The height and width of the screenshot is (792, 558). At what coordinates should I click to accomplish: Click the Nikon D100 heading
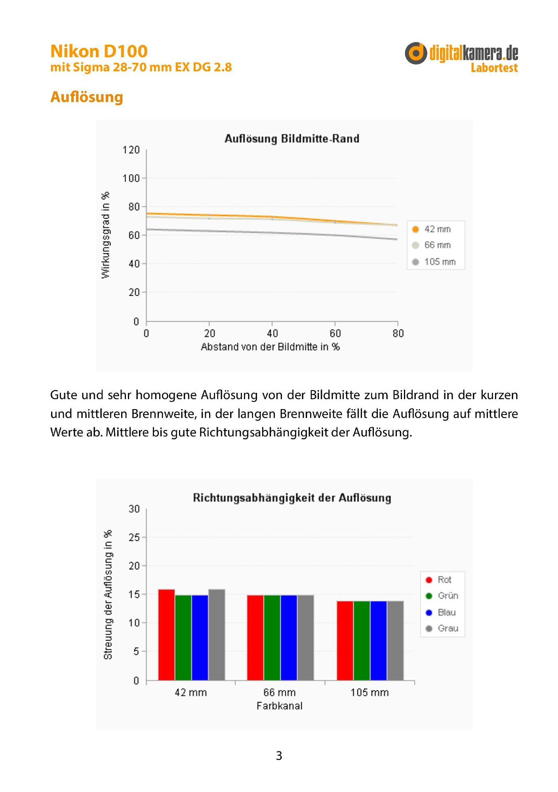coord(99,51)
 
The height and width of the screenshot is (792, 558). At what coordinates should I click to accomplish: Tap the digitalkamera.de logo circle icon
coord(416,53)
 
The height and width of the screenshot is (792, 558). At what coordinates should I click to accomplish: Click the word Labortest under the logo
coord(494,68)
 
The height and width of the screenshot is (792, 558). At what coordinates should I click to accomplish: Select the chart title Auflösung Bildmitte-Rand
coord(292,139)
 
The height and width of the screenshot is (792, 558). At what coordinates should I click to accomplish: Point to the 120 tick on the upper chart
coord(131,150)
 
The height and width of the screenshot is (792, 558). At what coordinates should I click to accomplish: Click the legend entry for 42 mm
coord(432,229)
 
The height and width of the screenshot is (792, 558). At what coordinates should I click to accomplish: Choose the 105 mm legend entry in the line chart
coord(434,262)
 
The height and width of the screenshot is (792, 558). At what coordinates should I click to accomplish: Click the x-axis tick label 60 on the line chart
coord(335,333)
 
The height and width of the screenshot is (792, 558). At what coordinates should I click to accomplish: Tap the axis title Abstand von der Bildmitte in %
coord(270,347)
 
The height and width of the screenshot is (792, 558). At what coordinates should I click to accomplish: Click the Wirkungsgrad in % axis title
coord(105,235)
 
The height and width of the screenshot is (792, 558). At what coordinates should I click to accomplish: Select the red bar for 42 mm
coord(166,635)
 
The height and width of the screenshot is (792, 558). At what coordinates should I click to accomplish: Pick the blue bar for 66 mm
coord(289,638)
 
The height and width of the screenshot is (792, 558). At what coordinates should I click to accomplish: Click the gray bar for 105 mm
coord(395,641)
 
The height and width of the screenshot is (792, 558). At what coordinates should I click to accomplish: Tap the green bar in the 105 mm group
coord(362,641)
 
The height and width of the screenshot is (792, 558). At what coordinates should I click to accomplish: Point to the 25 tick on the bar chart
coord(134,537)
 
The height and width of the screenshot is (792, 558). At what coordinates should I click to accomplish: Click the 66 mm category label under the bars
coord(280,692)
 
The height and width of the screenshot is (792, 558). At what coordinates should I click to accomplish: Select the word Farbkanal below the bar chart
coord(280,706)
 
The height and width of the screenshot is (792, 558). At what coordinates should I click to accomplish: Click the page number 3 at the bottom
coord(279,756)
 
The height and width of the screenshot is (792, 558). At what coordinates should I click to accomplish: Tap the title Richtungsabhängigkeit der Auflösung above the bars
coord(292,498)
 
